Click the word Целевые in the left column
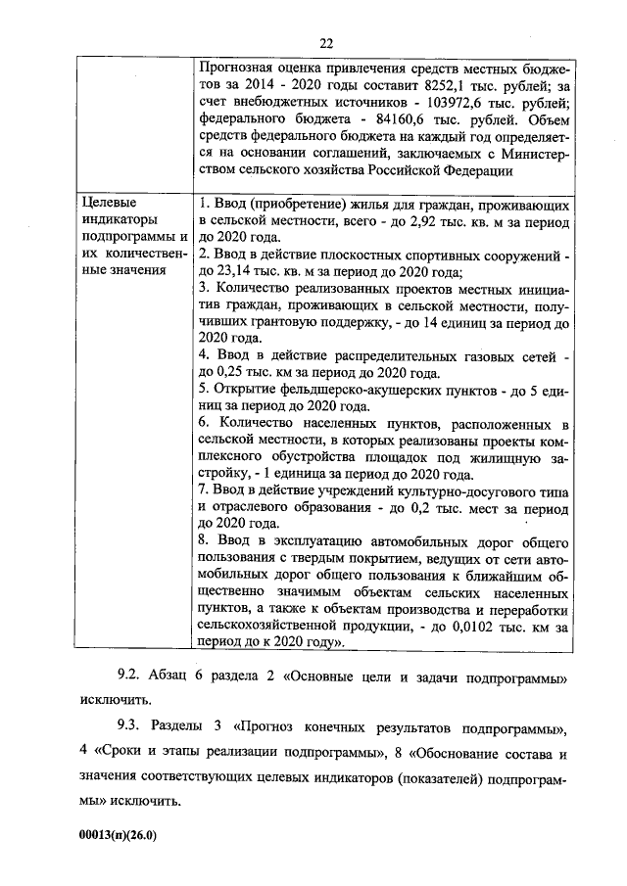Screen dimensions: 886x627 tap(107, 202)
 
